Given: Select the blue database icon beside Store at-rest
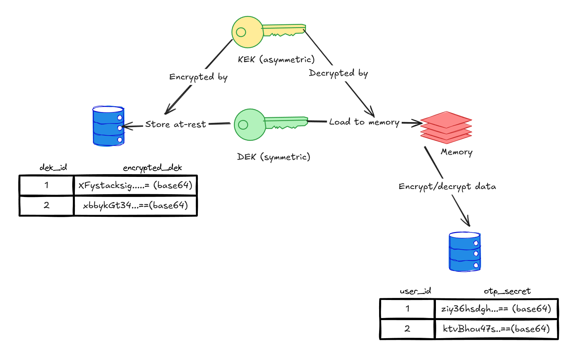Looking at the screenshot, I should [x=108, y=126].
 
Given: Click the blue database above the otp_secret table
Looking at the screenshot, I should [x=464, y=252].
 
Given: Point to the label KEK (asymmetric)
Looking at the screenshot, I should [x=276, y=60].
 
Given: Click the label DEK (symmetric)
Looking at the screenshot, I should [x=273, y=157].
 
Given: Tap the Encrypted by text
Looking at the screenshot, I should [x=198, y=77].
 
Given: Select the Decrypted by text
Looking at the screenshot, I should [x=338, y=73].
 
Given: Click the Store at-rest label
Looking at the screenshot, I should [x=175, y=124].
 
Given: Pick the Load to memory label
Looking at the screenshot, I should [x=364, y=122].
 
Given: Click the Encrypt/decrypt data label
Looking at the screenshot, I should [x=447, y=187].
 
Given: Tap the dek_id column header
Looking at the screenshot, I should [x=53, y=168].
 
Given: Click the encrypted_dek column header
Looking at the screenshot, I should [x=152, y=168].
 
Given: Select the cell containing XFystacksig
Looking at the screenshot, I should [x=135, y=186].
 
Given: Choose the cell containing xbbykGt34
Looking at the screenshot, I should [x=135, y=206].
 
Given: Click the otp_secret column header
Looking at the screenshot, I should [x=507, y=291].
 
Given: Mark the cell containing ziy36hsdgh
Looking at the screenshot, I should [x=496, y=309].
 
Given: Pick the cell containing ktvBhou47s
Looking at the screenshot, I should [x=496, y=329].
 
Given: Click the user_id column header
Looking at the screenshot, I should [x=415, y=291].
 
